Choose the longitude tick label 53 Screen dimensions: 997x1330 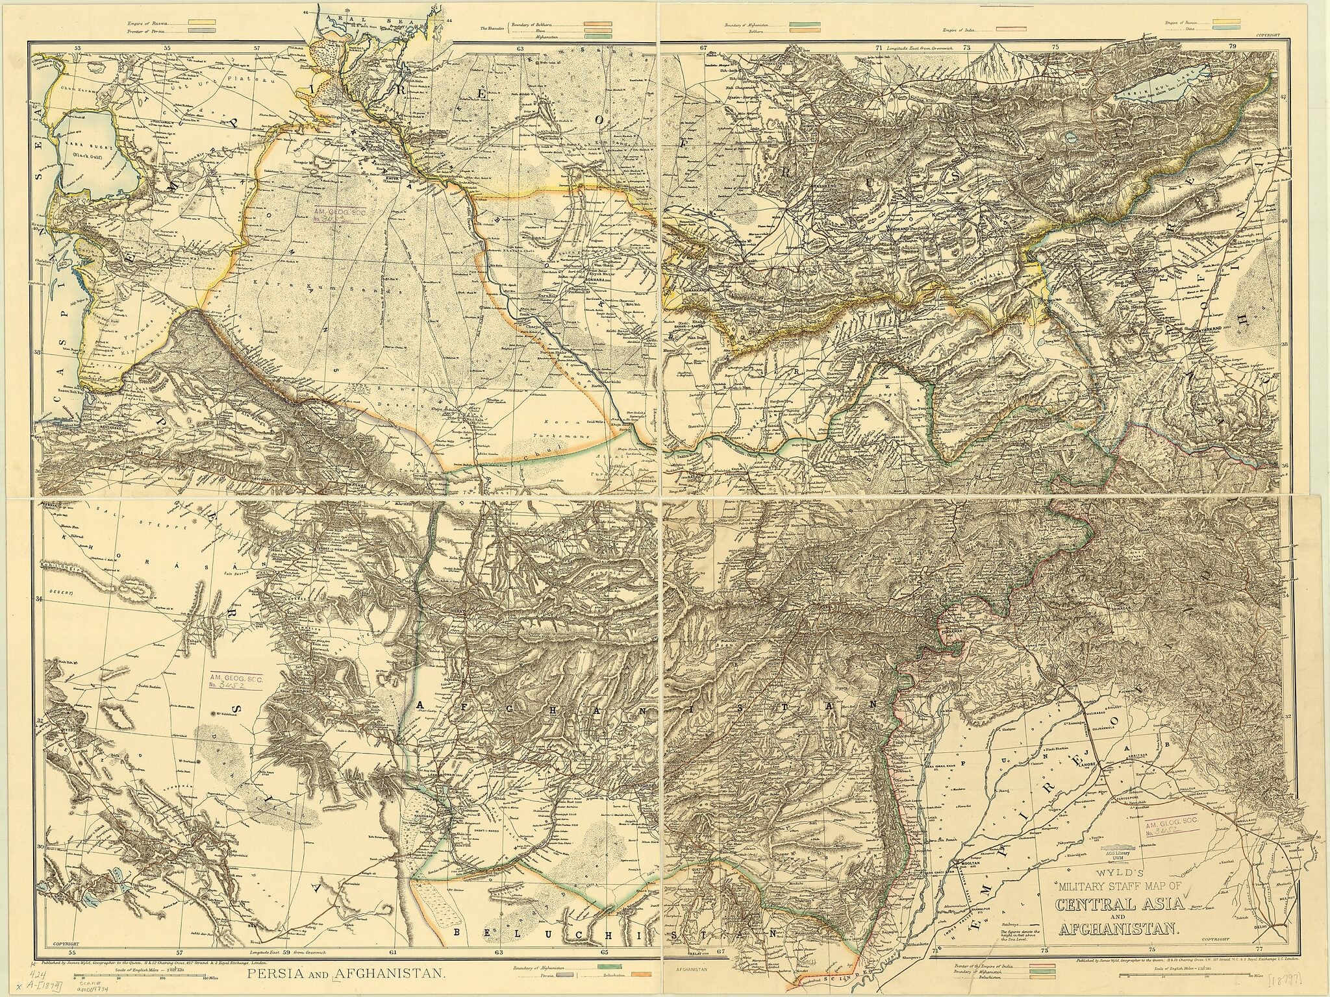(77, 47)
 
